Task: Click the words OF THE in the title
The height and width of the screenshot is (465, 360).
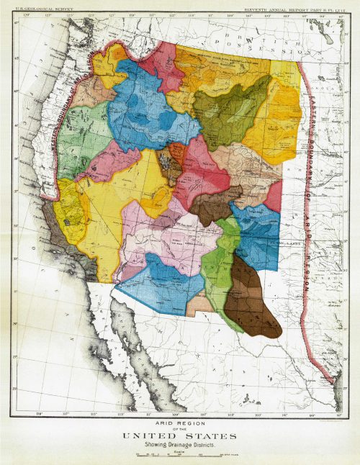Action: [x=180, y=428]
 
